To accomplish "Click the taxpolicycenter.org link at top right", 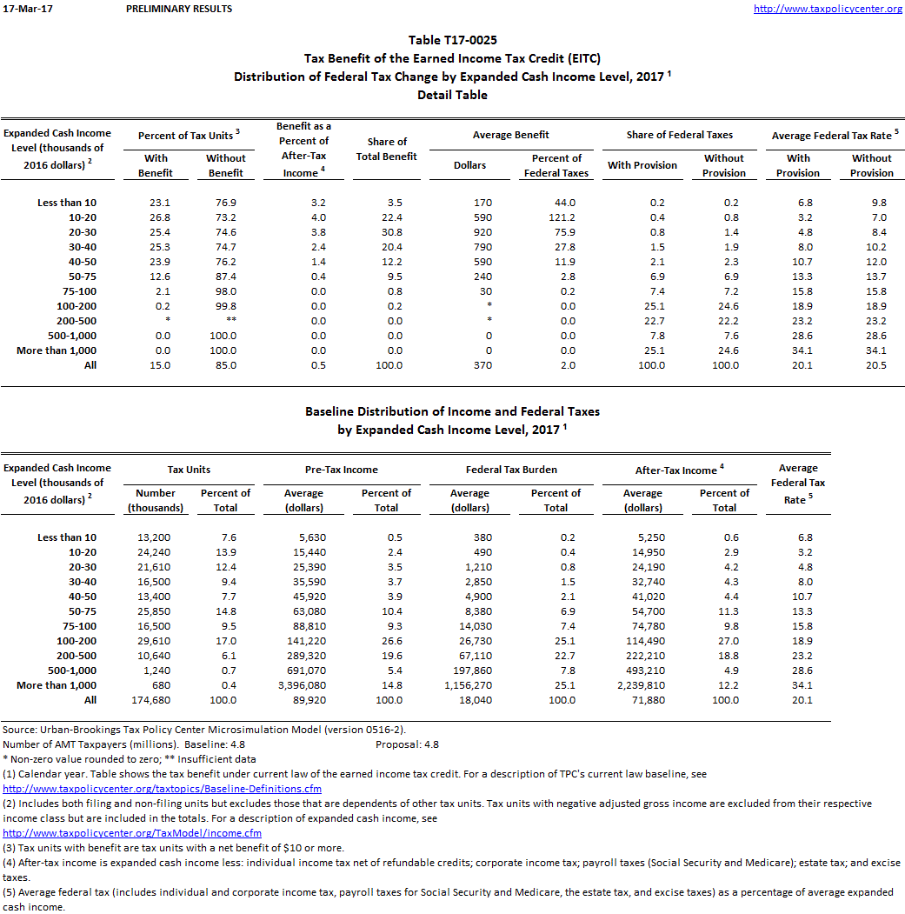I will pos(827,9).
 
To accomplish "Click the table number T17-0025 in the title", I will pos(452,40).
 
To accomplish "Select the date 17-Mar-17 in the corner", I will pos(22,9).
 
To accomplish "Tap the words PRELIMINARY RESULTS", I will pos(179,9).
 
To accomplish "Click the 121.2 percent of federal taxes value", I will pos(556,217).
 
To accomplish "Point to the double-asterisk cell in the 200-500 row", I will pos(225,321).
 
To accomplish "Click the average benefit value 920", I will pos(482,232).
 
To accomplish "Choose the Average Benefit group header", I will pos(511,135).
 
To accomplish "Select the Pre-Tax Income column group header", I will pos(343,470).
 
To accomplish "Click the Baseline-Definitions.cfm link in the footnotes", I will pos(163,789).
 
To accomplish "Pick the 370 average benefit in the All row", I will pos(482,365).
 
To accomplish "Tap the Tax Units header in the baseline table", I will pos(189,470).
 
